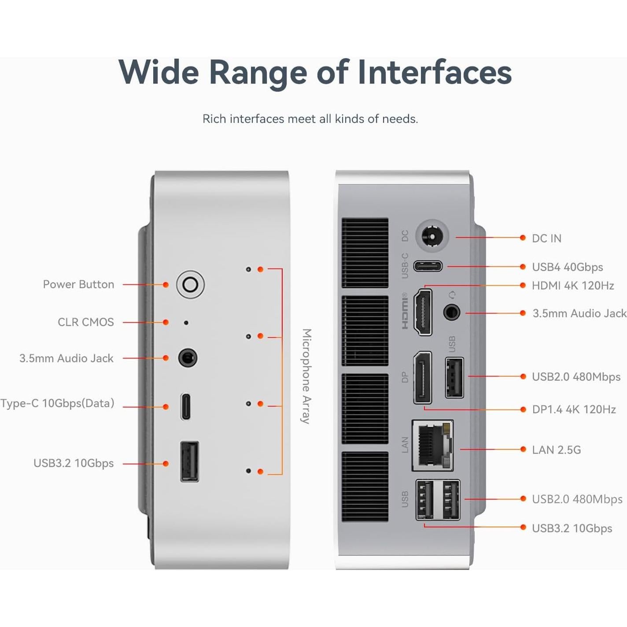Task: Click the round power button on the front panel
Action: coord(190,284)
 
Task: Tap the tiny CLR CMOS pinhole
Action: coord(186,323)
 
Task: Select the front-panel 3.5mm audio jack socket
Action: coord(188,358)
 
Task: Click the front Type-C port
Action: coord(186,406)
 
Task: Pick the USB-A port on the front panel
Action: coord(189,461)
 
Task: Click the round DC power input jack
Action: coord(432,237)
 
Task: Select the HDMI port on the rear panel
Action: coord(423,312)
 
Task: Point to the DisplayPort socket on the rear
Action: coord(423,377)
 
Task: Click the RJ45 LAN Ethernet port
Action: coord(433,445)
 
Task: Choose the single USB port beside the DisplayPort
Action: coord(454,378)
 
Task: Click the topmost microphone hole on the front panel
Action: coord(248,269)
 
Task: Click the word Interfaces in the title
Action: coord(435,72)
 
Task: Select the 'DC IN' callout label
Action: coord(546,238)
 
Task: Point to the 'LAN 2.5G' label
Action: coord(556,450)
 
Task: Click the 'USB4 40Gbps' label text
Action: coord(567,267)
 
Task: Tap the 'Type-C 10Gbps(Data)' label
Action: coord(57,403)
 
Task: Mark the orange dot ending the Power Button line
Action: coord(166,285)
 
